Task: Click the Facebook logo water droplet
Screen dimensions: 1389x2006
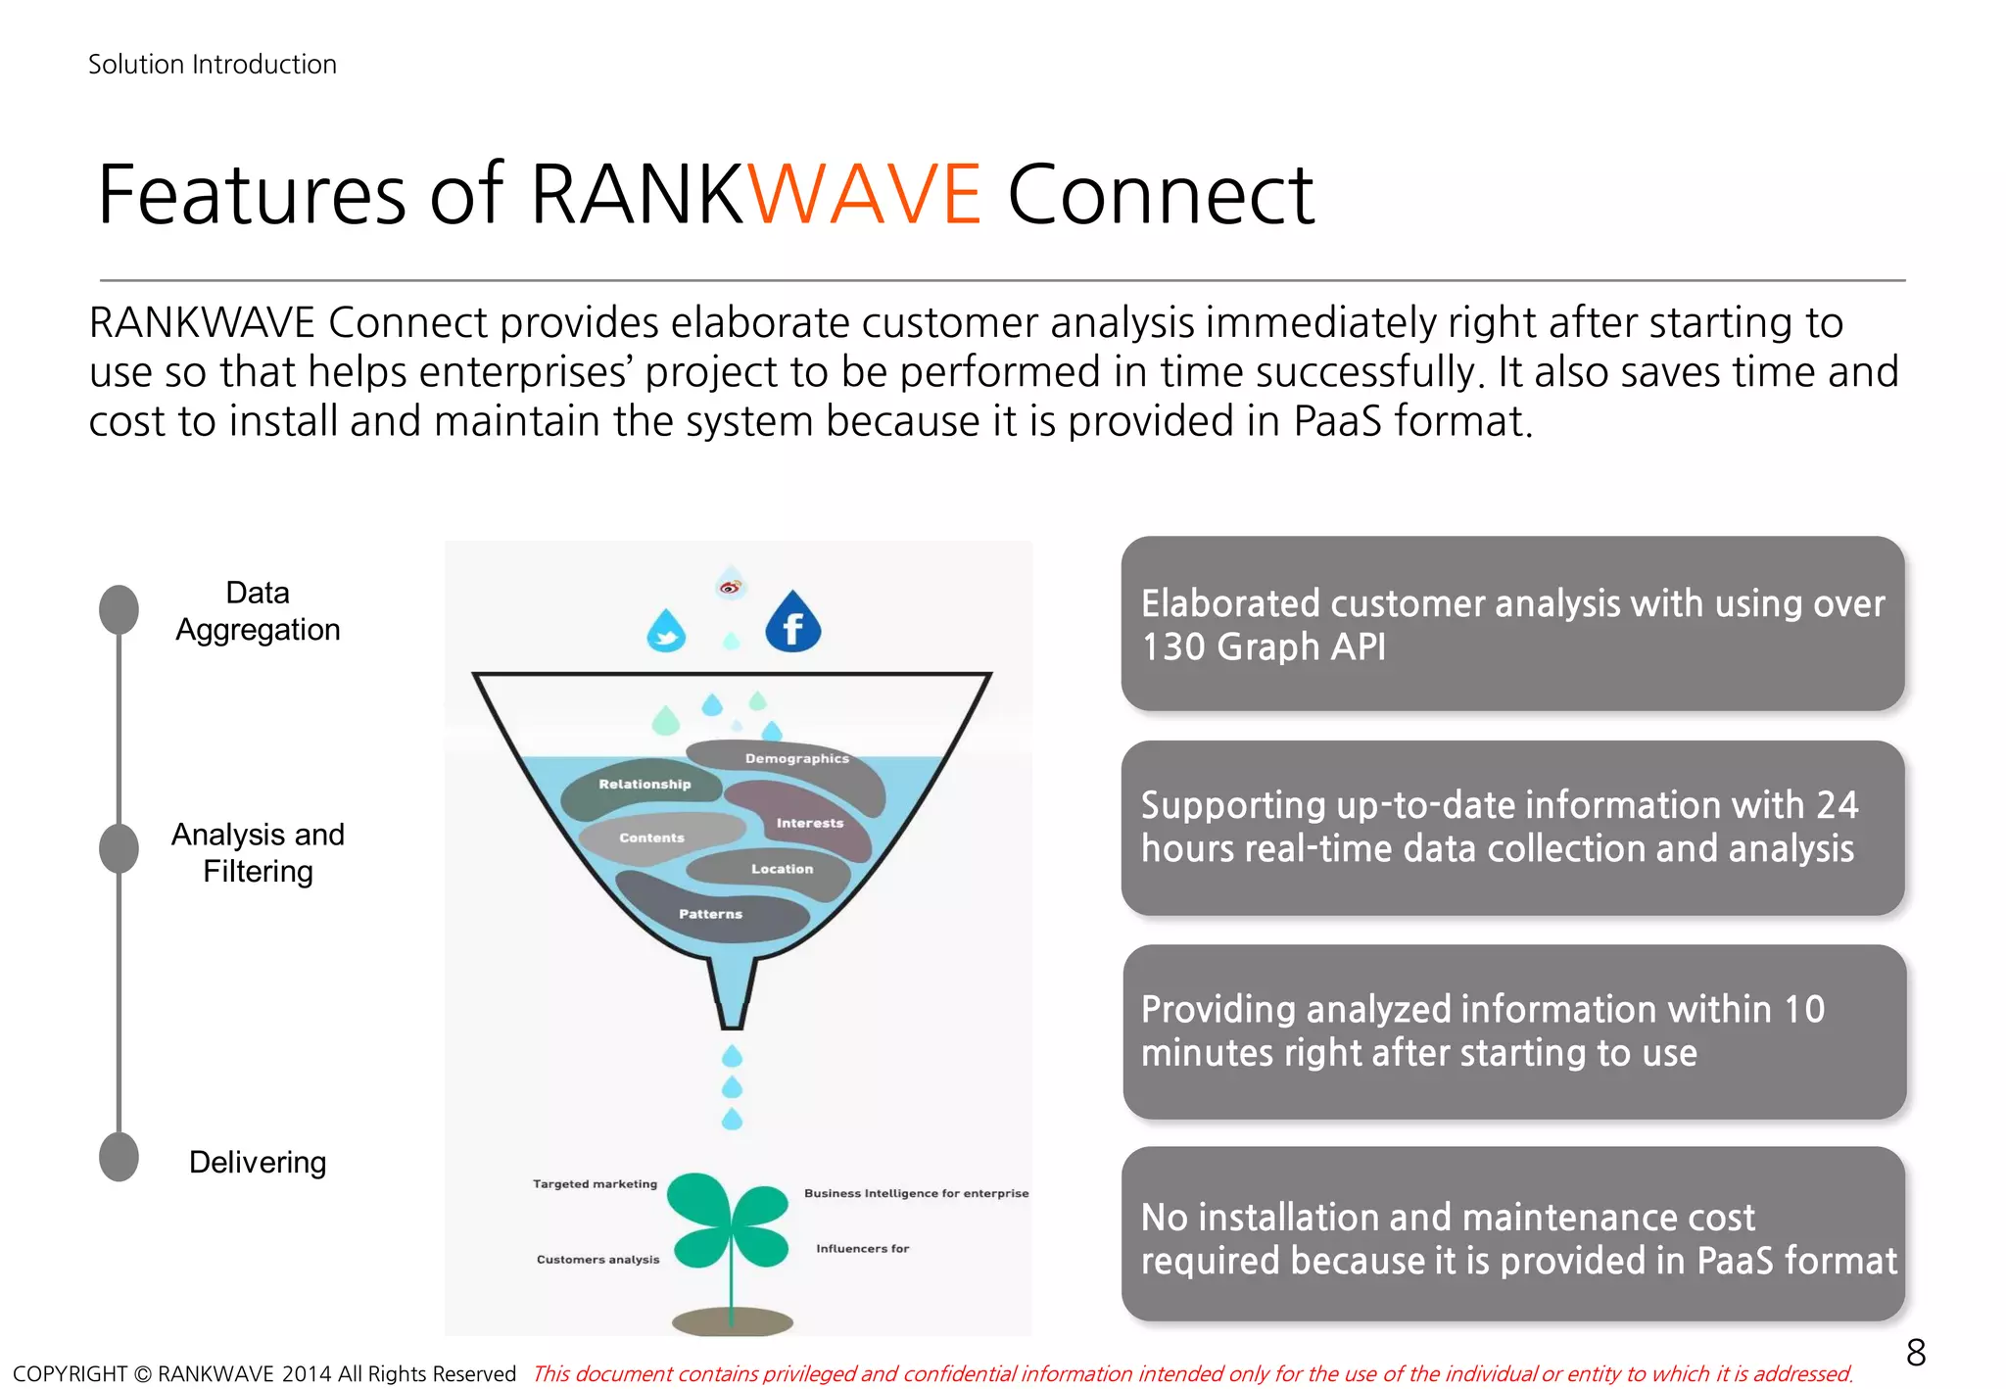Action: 792,624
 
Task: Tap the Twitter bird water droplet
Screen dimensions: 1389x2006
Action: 666,633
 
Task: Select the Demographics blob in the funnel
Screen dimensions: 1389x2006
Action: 796,758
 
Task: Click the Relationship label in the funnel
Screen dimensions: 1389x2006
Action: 645,784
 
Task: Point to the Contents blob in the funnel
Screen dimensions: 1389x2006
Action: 651,838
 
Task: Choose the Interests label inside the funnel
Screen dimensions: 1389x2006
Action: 809,823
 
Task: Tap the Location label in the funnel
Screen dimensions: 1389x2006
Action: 782,869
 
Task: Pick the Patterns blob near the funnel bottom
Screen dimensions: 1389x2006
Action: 711,914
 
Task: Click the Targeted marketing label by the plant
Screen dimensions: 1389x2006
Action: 595,1184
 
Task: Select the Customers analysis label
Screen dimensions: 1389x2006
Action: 597,1260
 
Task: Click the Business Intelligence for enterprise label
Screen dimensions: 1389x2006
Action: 916,1193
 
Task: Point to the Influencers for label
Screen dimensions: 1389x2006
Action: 862,1249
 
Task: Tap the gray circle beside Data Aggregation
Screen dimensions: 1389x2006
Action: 119,609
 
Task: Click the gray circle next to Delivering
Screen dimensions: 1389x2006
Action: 119,1157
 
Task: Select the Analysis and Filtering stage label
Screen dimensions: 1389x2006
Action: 258,852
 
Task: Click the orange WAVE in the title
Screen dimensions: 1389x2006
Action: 864,194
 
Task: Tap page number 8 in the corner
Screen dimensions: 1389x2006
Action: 1916,1353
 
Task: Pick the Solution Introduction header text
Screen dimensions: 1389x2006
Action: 213,65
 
